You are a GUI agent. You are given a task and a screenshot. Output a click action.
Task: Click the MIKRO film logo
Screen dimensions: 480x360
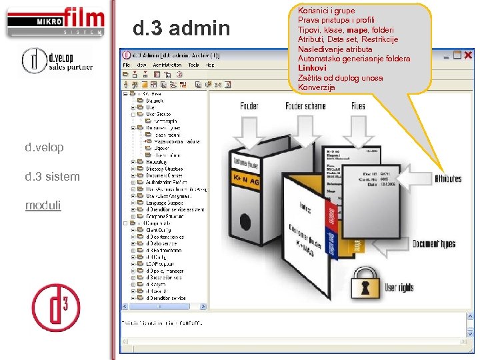pyautogui.click(x=55, y=21)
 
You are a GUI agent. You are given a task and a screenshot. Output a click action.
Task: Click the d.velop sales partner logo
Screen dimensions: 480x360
pyautogui.click(x=57, y=60)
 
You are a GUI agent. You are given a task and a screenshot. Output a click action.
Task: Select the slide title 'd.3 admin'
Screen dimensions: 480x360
pyautogui.click(x=181, y=28)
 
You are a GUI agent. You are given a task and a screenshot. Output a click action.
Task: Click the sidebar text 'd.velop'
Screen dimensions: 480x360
pyautogui.click(x=45, y=147)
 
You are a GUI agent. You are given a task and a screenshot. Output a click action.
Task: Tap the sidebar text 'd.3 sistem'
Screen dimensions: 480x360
pyautogui.click(x=52, y=177)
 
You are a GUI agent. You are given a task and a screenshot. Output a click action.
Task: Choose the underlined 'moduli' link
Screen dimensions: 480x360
pyautogui.click(x=43, y=205)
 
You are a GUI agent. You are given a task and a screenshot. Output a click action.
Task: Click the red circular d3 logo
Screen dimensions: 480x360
pyautogui.click(x=56, y=307)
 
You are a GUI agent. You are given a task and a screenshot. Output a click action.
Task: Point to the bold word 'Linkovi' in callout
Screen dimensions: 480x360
pyautogui.click(x=312, y=68)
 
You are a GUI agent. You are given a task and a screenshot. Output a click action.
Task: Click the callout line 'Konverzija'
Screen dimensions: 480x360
pyautogui.click(x=317, y=87)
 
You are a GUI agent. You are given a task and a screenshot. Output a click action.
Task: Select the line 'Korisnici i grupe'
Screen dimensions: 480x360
pyautogui.click(x=327, y=11)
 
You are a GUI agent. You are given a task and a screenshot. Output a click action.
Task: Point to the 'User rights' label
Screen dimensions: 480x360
pyautogui.click(x=399, y=288)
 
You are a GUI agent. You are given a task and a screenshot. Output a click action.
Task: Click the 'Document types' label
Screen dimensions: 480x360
pyautogui.click(x=434, y=244)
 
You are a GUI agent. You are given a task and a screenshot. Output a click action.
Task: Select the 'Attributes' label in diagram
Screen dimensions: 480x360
pyautogui.click(x=447, y=179)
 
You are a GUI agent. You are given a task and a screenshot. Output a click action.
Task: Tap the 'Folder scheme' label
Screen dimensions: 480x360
pyautogui.click(x=305, y=106)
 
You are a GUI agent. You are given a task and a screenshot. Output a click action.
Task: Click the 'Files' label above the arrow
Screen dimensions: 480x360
pyautogui.click(x=358, y=106)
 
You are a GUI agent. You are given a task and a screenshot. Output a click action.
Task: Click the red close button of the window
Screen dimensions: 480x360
pyautogui.click(x=467, y=55)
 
